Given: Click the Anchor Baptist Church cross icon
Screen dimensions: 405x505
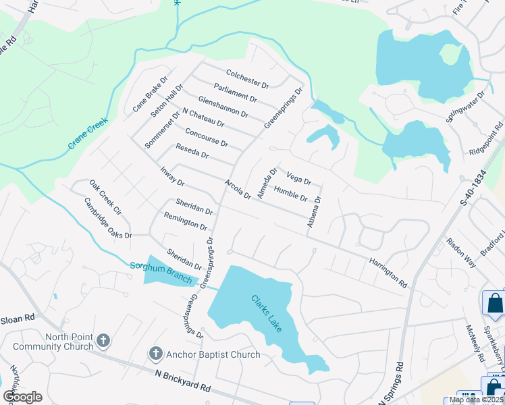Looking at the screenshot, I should pyautogui.click(x=155, y=354).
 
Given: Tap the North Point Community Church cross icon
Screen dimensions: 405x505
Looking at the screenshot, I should pyautogui.click(x=103, y=341).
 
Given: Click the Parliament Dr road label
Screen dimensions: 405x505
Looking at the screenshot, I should pyautogui.click(x=236, y=92).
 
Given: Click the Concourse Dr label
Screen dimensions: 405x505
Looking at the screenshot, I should pyautogui.click(x=207, y=138).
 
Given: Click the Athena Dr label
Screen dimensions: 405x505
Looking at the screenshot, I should pyautogui.click(x=314, y=211).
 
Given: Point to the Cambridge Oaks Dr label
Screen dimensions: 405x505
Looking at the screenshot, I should pyautogui.click(x=107, y=217).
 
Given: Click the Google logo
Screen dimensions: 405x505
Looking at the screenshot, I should pyautogui.click(x=22, y=396).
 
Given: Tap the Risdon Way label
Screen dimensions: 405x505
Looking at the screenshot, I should pyautogui.click(x=460, y=252).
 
